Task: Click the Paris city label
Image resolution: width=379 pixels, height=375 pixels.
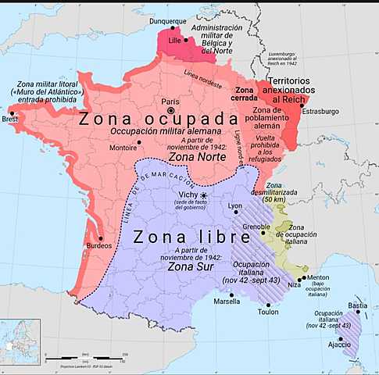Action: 170,101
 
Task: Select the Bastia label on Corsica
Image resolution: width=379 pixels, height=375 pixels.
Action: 357,304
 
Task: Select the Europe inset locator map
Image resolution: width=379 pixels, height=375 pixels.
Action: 20,341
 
